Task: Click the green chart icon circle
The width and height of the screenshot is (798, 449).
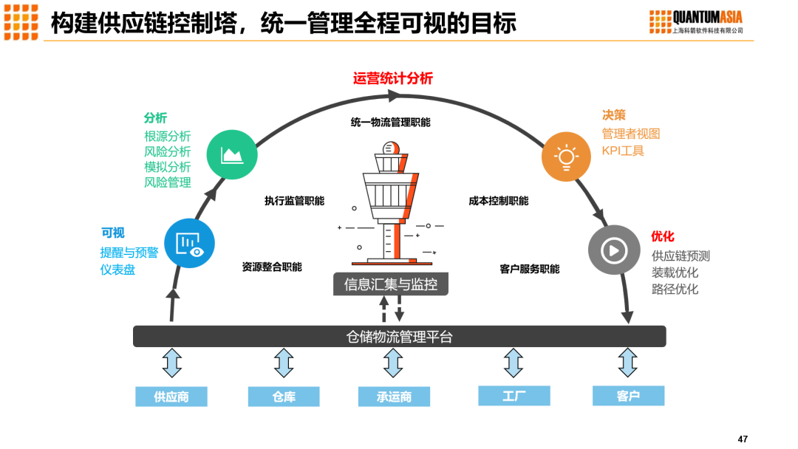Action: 231,154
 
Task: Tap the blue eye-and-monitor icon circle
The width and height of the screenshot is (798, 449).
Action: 189,243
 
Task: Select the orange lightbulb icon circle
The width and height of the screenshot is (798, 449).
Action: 566,157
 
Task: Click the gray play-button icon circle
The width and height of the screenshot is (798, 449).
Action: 613,250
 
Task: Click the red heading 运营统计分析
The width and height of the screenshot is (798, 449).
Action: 392,78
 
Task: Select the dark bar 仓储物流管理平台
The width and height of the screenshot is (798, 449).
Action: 399,337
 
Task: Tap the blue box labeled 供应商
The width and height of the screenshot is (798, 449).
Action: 171,397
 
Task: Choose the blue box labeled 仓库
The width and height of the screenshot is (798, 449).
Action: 284,397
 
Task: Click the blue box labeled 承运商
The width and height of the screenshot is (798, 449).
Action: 394,397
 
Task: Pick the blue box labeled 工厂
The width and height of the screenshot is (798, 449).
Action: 514,396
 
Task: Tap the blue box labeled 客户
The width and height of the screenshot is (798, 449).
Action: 628,396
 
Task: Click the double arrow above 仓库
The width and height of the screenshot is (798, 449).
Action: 284,363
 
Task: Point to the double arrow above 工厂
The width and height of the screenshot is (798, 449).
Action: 514,363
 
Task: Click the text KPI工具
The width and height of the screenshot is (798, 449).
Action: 622,151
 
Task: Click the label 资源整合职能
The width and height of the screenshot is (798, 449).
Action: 271,267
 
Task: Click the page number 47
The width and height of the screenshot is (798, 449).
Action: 743,439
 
